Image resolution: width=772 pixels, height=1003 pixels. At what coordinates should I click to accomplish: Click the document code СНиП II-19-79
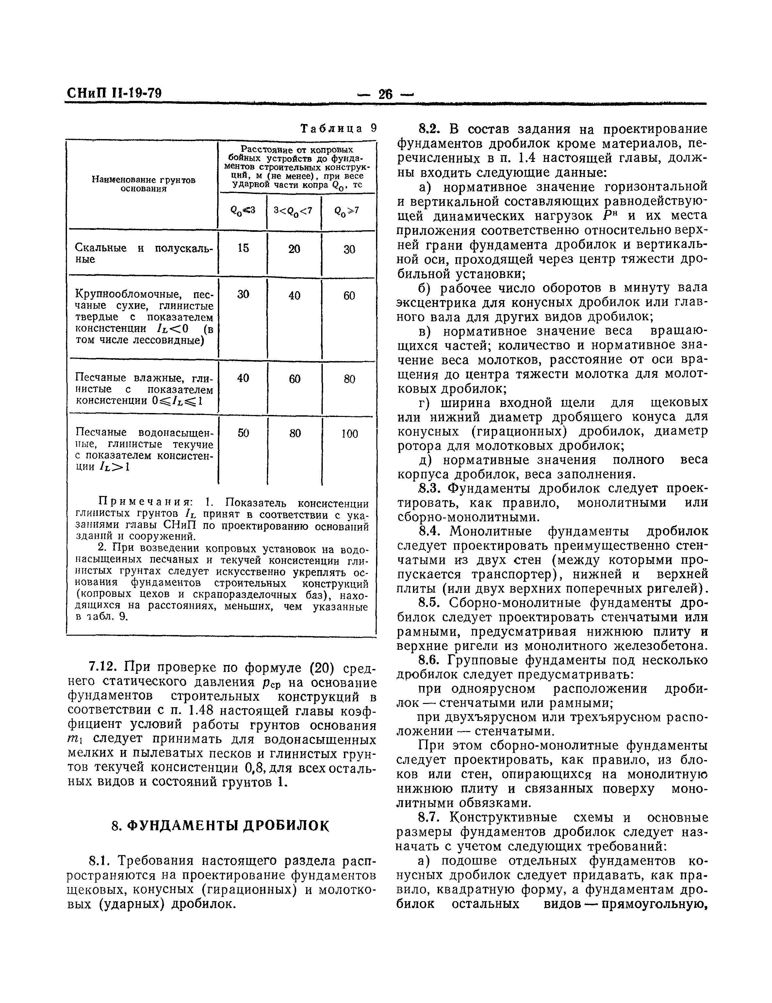pyautogui.click(x=114, y=93)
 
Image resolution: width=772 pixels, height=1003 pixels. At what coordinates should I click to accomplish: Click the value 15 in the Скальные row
pyautogui.click(x=243, y=248)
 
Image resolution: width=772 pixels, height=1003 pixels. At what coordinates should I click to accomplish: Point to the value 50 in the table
pyautogui.click(x=243, y=433)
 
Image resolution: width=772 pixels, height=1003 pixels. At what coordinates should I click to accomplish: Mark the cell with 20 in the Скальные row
pyautogui.click(x=294, y=249)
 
